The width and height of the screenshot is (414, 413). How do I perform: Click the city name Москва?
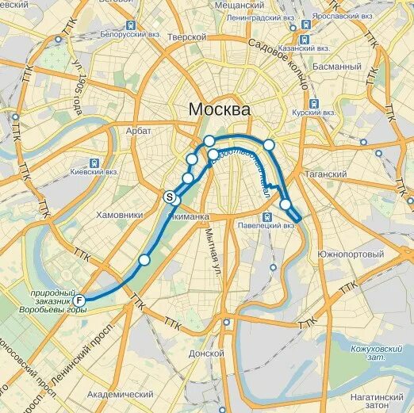point(220,109)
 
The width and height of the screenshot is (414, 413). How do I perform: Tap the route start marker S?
point(169,197)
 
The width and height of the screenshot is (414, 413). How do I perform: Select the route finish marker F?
point(79,301)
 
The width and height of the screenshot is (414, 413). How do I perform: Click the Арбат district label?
point(138,131)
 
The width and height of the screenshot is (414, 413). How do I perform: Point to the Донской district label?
point(208,354)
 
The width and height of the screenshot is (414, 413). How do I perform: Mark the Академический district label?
point(120,394)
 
